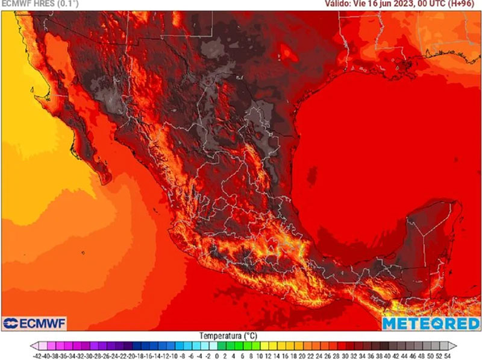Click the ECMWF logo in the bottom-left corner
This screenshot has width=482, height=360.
coord(34,324)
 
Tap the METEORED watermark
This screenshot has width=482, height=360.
coord(430,324)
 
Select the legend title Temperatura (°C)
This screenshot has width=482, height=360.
coord(241,335)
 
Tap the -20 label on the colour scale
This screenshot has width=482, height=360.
coord(128,356)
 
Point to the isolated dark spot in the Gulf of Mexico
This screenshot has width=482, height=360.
coord(311,175)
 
